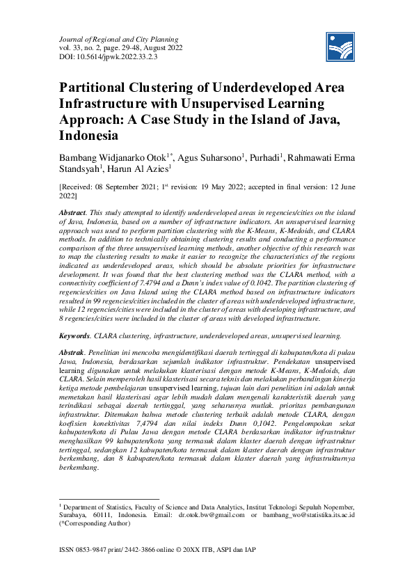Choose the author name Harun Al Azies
tap(141, 169)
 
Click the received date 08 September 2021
tap(134, 187)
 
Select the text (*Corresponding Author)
tap(95, 524)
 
